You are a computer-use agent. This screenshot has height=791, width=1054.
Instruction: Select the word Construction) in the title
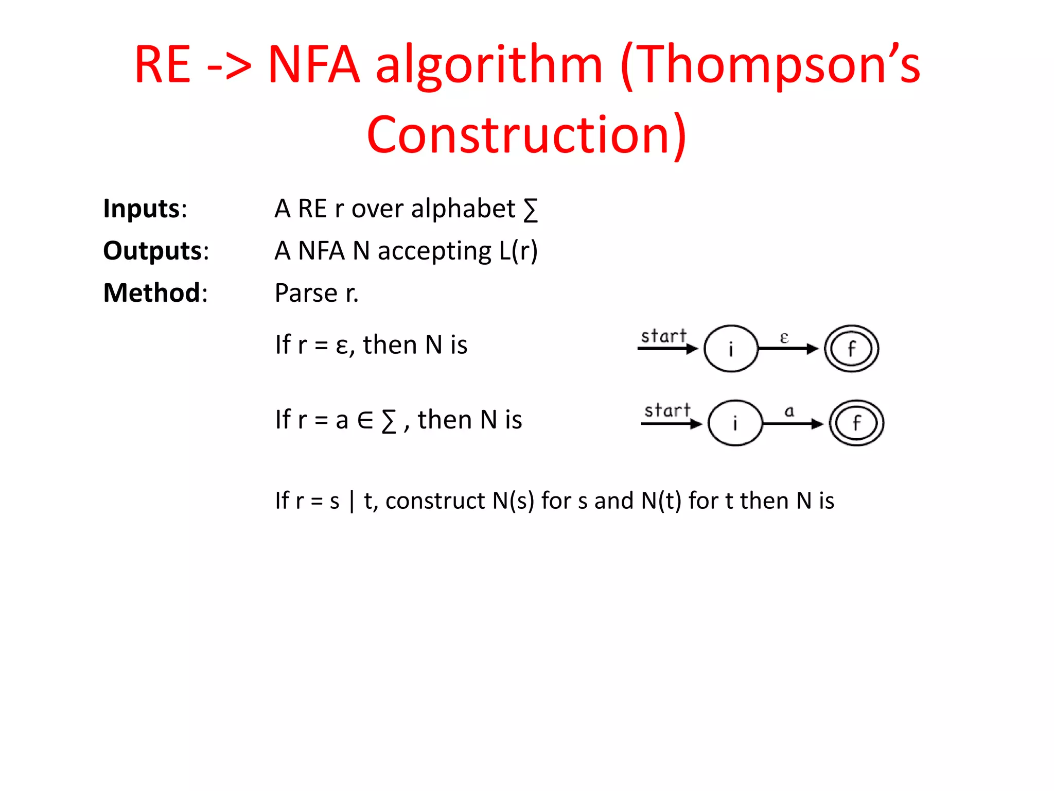coord(526,135)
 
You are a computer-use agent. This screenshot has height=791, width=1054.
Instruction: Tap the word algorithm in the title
coord(489,64)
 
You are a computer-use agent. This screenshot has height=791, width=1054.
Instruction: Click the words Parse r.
coord(316,293)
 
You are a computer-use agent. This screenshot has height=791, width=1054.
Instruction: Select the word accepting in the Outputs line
coord(434,251)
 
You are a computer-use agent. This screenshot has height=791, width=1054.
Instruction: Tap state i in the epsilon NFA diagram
coord(731,349)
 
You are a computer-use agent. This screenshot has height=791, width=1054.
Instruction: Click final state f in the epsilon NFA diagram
coord(851,349)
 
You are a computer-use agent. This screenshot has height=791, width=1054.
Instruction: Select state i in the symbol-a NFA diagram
coord(735,423)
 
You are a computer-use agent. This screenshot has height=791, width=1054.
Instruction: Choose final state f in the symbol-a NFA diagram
coord(856,423)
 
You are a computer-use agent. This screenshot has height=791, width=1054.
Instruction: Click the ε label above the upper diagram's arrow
coord(784,338)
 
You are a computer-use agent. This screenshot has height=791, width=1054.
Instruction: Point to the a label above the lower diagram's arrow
coord(789,411)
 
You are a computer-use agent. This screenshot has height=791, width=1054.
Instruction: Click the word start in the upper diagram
coord(663,336)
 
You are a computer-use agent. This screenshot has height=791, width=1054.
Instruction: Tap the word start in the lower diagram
coord(667,410)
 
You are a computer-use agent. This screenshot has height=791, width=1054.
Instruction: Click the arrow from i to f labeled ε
coord(787,349)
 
